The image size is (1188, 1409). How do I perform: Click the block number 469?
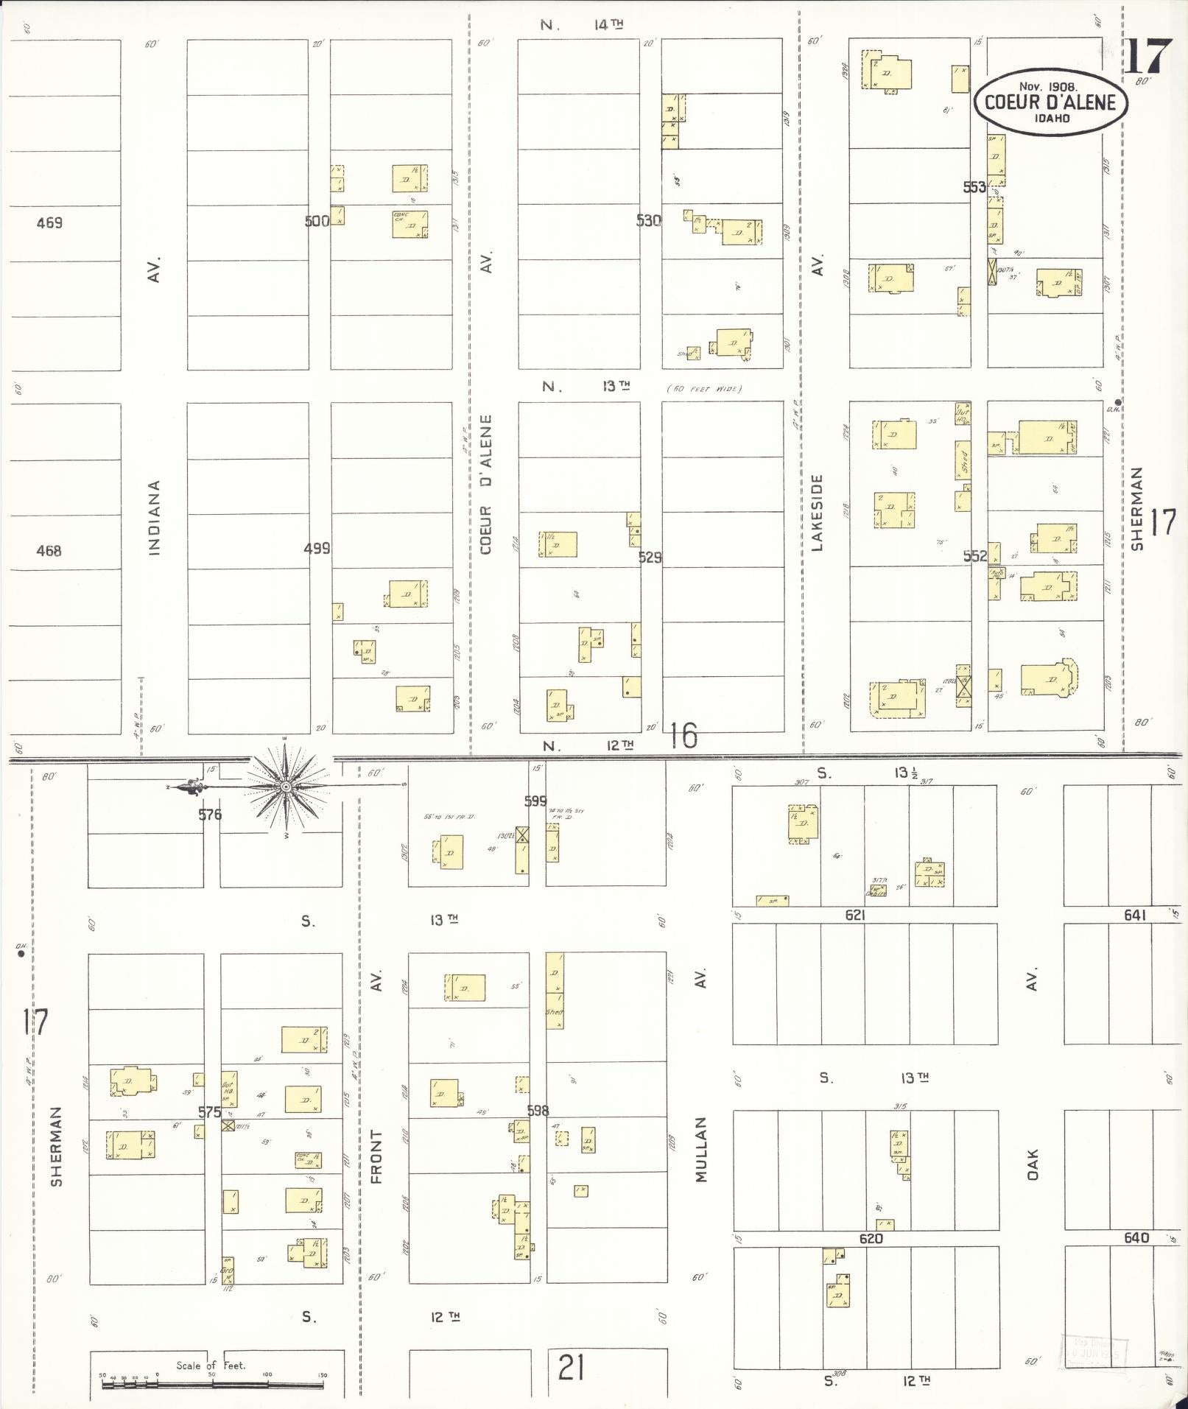[x=49, y=222]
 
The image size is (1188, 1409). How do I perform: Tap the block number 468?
[x=49, y=550]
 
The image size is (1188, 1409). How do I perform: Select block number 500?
[x=317, y=221]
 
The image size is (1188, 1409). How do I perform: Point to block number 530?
[x=649, y=221]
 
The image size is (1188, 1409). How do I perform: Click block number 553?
[x=974, y=187]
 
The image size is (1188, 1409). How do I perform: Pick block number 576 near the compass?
[x=210, y=815]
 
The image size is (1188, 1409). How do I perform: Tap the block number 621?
[x=854, y=915]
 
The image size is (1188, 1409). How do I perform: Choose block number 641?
[x=1135, y=915]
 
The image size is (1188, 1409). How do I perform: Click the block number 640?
[x=1136, y=1238]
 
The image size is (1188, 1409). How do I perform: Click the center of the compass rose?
[x=286, y=787]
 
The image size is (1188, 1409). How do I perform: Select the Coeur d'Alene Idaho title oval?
[x=1050, y=103]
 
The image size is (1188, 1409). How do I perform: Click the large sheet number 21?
[x=572, y=1368]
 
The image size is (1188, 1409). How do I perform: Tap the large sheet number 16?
[x=684, y=735]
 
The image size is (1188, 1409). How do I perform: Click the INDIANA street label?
[x=154, y=517]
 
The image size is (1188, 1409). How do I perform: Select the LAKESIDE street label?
[x=816, y=512]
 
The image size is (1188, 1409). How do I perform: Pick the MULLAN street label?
[x=700, y=1150]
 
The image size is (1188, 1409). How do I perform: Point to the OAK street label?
[x=1033, y=1164]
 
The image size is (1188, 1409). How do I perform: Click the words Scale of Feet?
[x=211, y=1365]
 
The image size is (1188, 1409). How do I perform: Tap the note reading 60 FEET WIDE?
[x=704, y=389]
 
